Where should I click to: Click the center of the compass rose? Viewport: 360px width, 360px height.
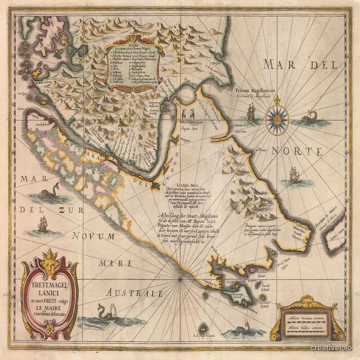click(277, 119)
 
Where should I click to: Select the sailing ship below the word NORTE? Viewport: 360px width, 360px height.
click(294, 175)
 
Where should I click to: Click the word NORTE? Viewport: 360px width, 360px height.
click(297, 152)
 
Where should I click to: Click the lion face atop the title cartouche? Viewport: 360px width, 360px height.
click(49, 262)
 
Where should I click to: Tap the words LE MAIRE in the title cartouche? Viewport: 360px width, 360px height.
click(49, 307)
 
